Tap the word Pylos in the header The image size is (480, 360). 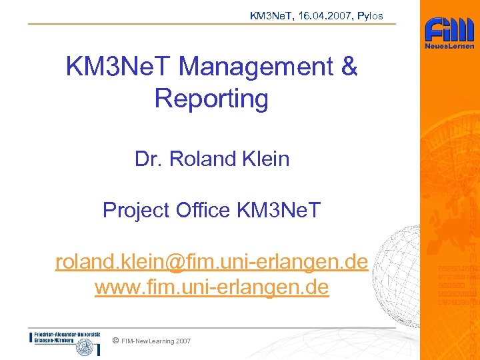pyautogui.click(x=370, y=16)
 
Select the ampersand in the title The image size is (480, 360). pyautogui.click(x=349, y=67)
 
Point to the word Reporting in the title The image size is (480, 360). pyautogui.click(x=211, y=99)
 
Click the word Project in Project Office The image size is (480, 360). pyautogui.click(x=137, y=210)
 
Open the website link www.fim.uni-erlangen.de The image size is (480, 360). pyautogui.click(x=211, y=288)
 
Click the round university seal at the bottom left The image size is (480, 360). pyautogui.click(x=84, y=347)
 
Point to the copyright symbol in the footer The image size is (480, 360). pyautogui.click(x=116, y=341)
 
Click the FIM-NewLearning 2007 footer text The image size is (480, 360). pyautogui.click(x=156, y=341)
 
